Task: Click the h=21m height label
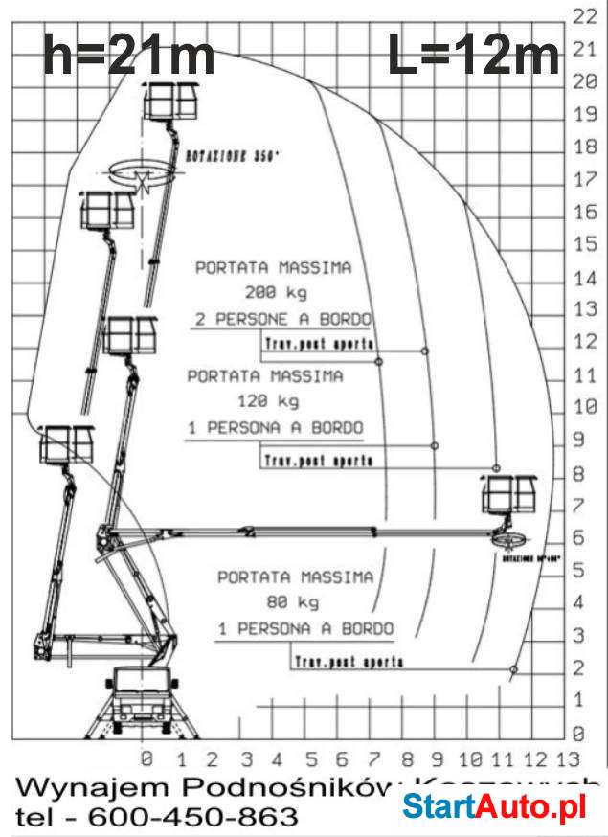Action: coord(128,56)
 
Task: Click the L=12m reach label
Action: coord(473,56)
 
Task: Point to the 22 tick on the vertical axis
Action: coord(583,16)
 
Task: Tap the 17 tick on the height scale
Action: coord(583,179)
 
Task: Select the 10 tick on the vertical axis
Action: coord(583,406)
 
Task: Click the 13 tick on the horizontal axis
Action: coord(568,760)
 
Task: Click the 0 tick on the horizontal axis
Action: coord(146,760)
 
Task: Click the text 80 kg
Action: coord(296,603)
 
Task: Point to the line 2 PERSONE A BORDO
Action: coord(282,319)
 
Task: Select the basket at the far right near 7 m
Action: coord(508,495)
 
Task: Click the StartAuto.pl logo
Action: coord(493,807)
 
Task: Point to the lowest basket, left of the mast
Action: coord(67,445)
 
